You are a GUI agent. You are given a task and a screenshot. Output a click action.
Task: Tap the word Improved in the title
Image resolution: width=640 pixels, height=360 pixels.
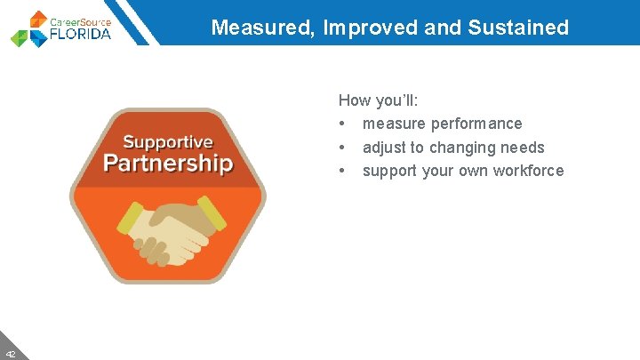372,28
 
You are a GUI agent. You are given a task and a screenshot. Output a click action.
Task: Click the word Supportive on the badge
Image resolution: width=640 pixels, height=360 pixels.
168,142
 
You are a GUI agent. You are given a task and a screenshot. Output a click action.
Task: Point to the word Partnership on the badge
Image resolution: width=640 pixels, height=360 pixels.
168,164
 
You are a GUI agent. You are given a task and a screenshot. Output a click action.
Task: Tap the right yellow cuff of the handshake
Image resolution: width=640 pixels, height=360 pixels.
212,213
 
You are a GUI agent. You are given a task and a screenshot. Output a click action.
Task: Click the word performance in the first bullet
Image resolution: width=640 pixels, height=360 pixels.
476,124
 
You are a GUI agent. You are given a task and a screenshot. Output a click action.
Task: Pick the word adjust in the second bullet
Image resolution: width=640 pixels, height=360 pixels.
384,148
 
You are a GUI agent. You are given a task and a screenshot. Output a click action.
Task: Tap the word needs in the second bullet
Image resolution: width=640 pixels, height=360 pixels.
524,148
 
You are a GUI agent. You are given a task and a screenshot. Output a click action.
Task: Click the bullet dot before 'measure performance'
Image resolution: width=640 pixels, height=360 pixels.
342,124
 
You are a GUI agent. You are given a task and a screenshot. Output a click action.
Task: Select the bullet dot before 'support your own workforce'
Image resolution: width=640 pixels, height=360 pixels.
342,171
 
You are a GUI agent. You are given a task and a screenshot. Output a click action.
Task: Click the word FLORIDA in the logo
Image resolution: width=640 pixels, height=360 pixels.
81,35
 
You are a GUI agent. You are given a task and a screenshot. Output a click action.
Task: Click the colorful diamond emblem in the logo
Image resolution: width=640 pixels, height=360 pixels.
30,29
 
